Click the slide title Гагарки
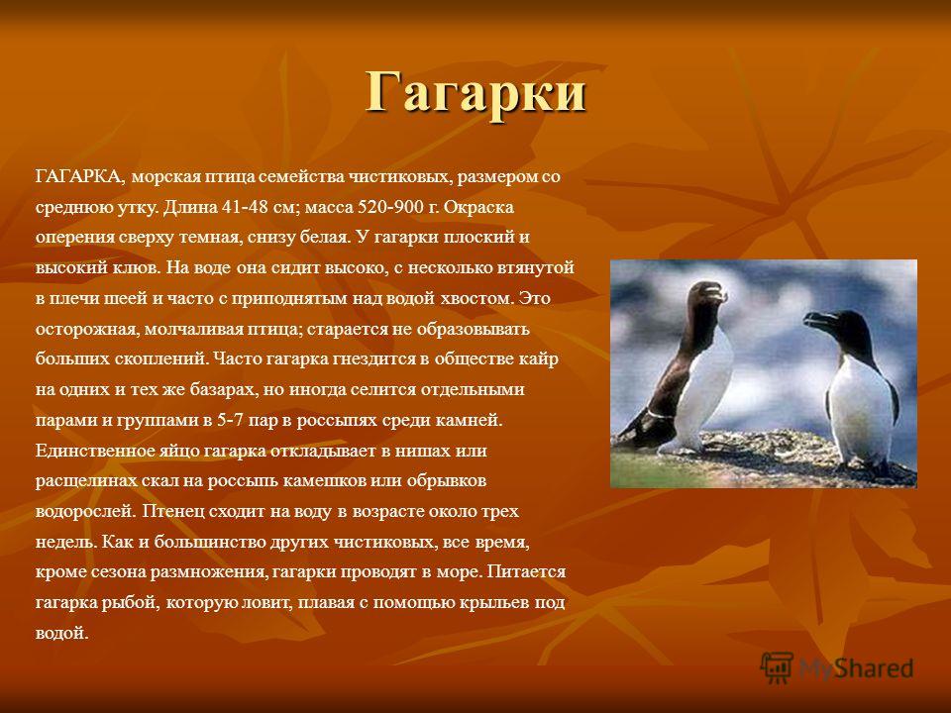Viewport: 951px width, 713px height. coord(476,92)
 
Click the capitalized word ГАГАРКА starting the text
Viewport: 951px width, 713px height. coord(80,177)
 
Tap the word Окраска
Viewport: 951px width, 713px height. coord(478,207)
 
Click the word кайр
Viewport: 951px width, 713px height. coord(538,358)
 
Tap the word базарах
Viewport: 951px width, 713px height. coord(218,389)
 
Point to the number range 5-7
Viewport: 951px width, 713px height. coord(230,420)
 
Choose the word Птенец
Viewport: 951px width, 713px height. coord(173,511)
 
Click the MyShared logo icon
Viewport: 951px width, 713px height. coord(777,668)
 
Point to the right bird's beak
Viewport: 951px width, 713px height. coord(816,321)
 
